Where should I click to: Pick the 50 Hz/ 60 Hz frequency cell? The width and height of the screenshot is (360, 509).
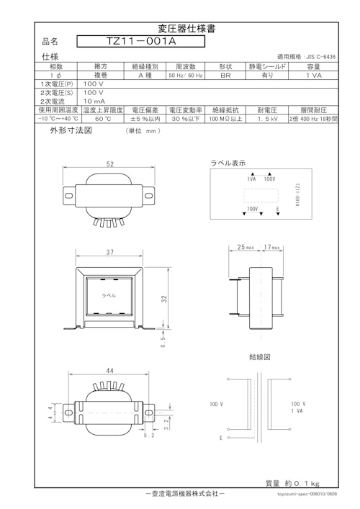(x=186, y=74)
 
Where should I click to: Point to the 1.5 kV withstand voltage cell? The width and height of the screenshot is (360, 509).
(x=268, y=119)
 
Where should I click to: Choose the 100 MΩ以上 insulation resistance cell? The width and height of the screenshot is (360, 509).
(x=226, y=119)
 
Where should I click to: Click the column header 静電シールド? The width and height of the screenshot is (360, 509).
(x=267, y=66)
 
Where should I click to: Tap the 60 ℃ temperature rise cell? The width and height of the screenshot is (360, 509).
(x=104, y=119)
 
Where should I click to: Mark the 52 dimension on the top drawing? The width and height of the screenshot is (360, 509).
(x=110, y=164)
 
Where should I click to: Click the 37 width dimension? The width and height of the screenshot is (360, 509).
(x=109, y=252)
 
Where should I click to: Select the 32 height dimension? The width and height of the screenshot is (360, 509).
(x=164, y=297)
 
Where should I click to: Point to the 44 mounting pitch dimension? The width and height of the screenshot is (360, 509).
(x=110, y=370)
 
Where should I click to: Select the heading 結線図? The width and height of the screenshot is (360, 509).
(x=258, y=356)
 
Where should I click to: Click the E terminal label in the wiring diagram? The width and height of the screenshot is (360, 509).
(x=221, y=438)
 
